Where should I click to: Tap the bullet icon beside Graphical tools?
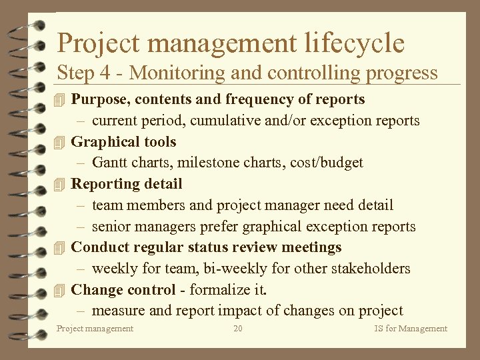(x=61, y=142)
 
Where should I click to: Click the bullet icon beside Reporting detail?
(x=61, y=184)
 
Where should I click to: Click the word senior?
(x=111, y=227)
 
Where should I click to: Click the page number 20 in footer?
(x=238, y=329)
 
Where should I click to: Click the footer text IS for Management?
(x=411, y=329)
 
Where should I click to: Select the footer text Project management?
(x=95, y=329)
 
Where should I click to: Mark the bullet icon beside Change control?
(x=61, y=291)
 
